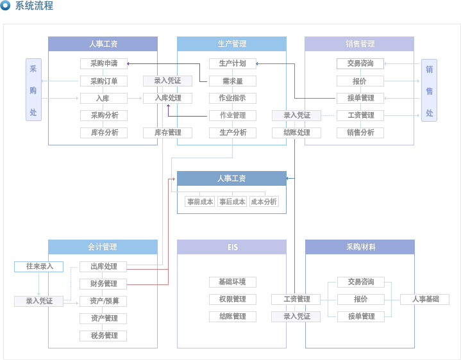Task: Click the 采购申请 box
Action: coord(104,63)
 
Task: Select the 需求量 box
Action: coord(233,81)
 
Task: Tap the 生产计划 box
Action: coord(233,63)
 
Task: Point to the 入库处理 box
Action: coord(167,98)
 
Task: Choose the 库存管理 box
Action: coord(167,133)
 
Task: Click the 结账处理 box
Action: coord(296,133)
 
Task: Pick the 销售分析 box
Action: coord(360,133)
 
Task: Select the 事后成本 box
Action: coord(232,202)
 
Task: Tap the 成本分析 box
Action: coord(264,202)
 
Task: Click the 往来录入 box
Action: coord(39,266)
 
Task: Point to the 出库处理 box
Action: coord(103,266)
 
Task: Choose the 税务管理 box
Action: coord(103,336)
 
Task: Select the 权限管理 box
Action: coord(233,299)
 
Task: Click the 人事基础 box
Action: coord(424,299)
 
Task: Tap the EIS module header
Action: coord(231,247)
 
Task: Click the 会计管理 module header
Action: coord(103,247)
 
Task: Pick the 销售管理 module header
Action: coord(359,44)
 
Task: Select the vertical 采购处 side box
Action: coord(33,90)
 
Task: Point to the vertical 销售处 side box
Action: coord(429,90)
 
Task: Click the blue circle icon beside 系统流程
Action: coord(5,5)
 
